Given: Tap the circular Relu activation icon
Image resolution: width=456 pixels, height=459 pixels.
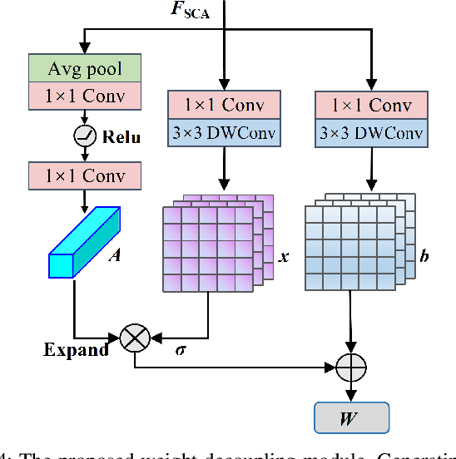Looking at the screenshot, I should coord(85,136).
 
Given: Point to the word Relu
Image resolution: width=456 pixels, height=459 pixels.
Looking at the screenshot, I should coord(121,136).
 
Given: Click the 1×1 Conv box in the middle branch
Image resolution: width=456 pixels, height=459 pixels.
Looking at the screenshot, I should coord(222,106).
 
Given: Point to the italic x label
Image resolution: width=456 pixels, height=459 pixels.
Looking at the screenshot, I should coord(283,257).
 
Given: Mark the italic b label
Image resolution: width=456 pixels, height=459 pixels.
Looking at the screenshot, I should coord(424,257).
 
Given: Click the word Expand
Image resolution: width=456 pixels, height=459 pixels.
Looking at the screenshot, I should coord(76,349).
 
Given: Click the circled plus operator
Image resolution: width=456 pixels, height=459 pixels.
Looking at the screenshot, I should coord(349,364).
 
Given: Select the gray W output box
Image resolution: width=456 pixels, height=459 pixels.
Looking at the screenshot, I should coord(349,416).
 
